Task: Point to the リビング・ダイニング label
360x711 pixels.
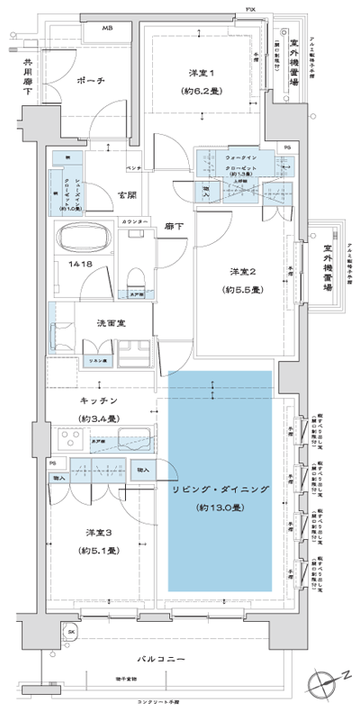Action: (220, 488)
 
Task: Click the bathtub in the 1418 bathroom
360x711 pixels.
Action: (83, 239)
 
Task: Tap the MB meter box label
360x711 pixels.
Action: (106, 30)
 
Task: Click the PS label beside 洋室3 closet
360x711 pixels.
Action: (53, 464)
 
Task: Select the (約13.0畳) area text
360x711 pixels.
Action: (220, 507)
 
